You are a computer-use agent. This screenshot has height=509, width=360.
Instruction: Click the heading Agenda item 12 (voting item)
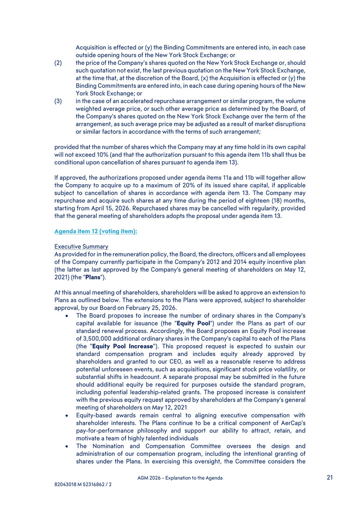[95, 230]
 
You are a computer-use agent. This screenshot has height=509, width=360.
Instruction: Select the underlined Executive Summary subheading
[81, 246]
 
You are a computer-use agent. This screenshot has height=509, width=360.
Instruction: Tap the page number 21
[329, 478]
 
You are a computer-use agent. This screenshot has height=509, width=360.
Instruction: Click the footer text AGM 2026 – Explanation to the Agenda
[180, 478]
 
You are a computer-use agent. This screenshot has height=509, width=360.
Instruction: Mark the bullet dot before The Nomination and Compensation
[68, 447]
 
